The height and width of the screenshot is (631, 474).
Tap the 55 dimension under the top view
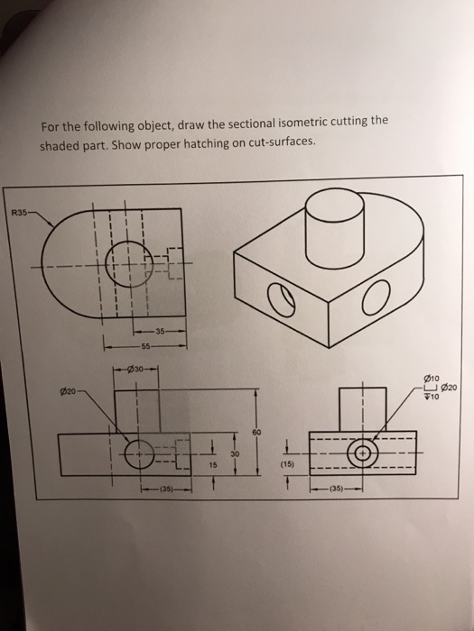coord(145,345)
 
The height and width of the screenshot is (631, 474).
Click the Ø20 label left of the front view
coord(65,390)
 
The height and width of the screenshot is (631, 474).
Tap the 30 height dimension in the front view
coord(237,453)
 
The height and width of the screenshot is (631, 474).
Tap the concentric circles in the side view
coord(365,452)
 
